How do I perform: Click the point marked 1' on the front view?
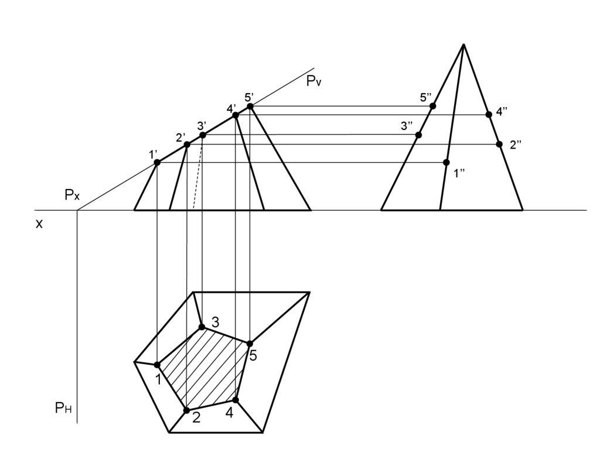[x=157, y=162]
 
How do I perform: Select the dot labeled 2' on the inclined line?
[x=187, y=145]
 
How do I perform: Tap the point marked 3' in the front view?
[x=203, y=135]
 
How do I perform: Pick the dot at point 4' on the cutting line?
[x=236, y=115]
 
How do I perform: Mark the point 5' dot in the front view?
[x=250, y=107]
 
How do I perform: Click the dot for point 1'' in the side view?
[x=446, y=162]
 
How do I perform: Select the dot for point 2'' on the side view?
[x=499, y=144]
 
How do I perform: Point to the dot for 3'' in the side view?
[x=418, y=135]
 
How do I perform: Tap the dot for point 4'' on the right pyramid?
[x=489, y=115]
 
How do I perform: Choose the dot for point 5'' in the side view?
[x=433, y=106]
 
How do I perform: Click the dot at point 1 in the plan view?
[x=157, y=365]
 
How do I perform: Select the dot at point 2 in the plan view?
[x=187, y=410]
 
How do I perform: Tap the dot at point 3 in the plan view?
[x=202, y=327]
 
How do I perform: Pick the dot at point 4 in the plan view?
[x=236, y=400]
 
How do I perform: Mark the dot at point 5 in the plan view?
[x=250, y=344]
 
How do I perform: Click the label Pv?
[x=314, y=82]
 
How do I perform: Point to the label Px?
[x=72, y=196]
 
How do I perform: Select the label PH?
[x=63, y=409]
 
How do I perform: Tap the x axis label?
[x=39, y=223]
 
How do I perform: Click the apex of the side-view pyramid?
[x=463, y=44]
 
